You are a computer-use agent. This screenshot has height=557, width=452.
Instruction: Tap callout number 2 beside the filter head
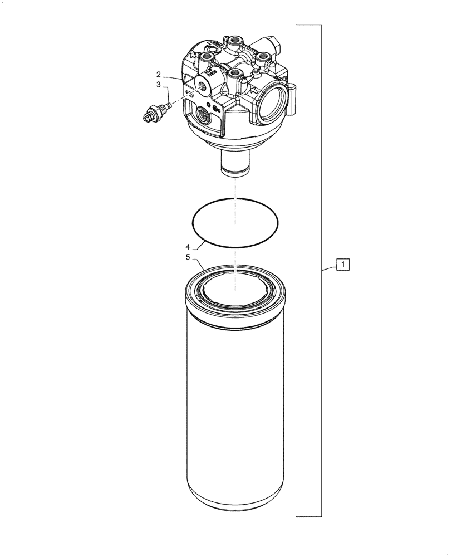coord(159,74)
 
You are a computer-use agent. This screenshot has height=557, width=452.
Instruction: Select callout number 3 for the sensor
coord(159,85)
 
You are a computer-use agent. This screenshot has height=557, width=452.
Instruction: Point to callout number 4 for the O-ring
coord(188,246)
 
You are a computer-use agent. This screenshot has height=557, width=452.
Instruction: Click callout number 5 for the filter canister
coord(188,257)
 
